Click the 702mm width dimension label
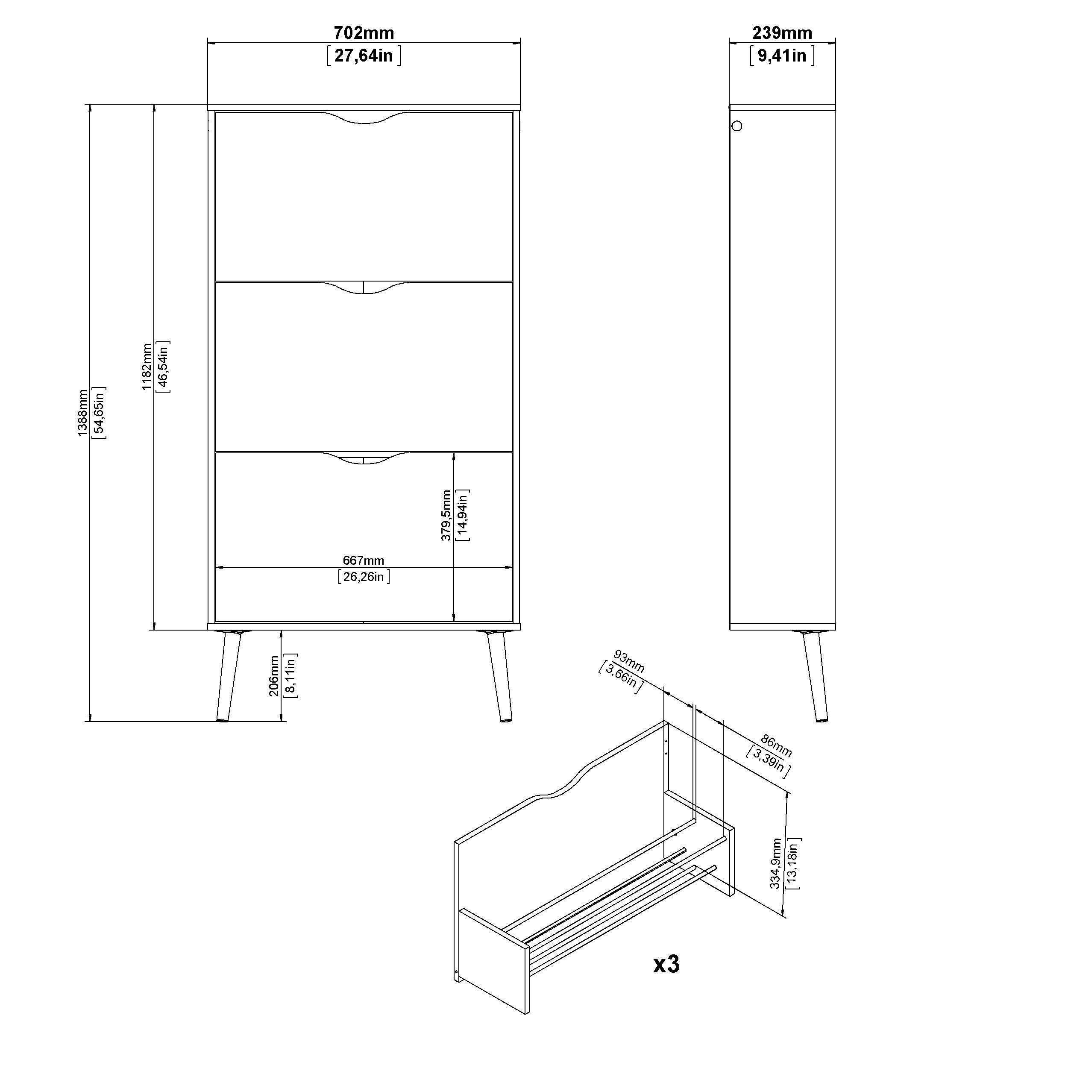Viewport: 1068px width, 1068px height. click(364, 33)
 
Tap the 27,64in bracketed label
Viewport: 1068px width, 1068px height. click(364, 56)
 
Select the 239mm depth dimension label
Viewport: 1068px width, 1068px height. click(782, 33)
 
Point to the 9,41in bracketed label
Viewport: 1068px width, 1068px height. click(782, 56)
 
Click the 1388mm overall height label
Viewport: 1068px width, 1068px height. click(82, 413)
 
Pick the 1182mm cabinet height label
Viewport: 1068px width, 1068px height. click(147, 367)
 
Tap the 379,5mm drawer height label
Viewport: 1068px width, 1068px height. click(446, 515)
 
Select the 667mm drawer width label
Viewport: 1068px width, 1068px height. click(363, 560)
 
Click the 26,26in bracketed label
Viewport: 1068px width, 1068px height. click(364, 577)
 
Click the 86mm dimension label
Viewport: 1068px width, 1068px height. click(776, 746)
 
